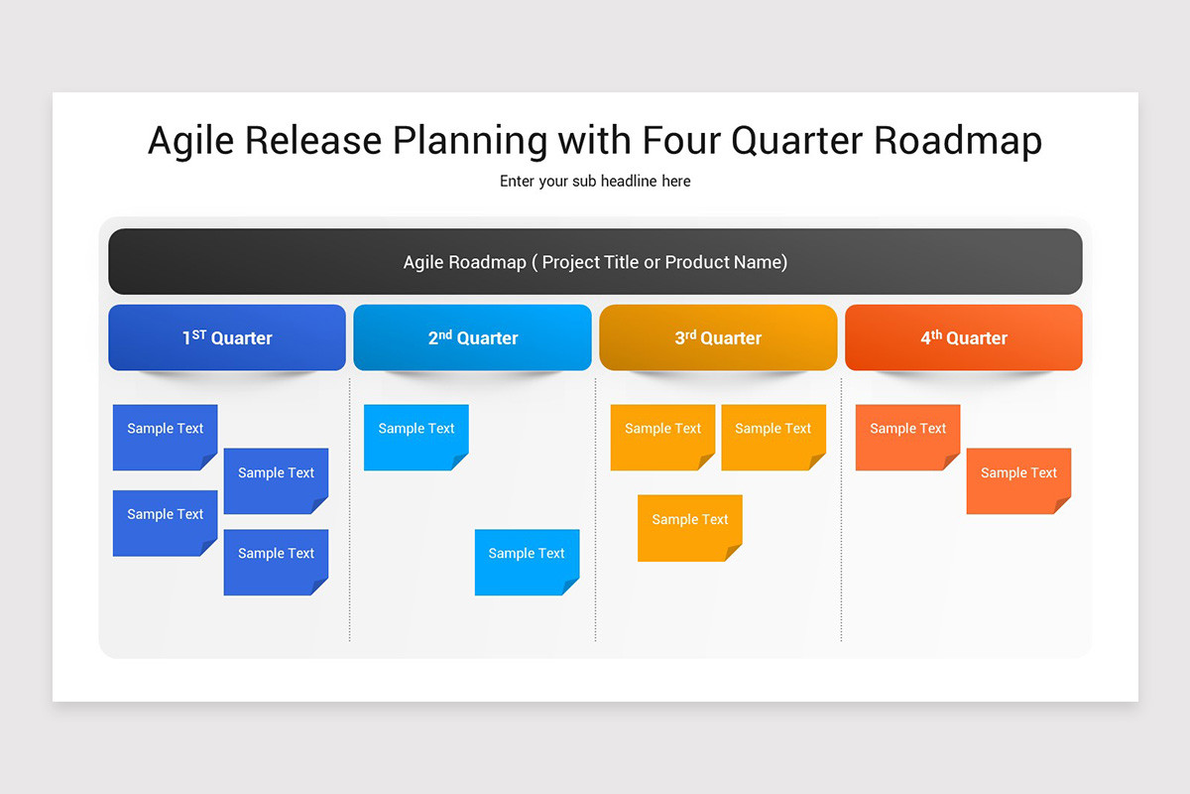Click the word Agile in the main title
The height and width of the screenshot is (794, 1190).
(190, 141)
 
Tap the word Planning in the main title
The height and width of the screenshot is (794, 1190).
(470, 141)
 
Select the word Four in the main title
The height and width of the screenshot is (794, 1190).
(681, 141)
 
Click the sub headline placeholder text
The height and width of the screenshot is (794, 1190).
(595, 182)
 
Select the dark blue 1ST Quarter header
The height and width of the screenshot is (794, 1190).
(227, 337)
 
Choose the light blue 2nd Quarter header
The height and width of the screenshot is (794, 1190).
(472, 337)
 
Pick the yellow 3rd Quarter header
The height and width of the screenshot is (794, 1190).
(718, 337)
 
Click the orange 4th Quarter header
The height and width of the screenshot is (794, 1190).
(963, 337)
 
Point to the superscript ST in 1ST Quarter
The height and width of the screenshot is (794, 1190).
(199, 333)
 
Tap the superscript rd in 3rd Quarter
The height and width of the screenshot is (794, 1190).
(691, 333)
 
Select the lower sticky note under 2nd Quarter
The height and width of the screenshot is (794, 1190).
(527, 562)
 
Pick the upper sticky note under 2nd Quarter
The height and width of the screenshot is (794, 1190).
(416, 437)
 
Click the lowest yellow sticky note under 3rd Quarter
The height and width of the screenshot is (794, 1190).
(689, 527)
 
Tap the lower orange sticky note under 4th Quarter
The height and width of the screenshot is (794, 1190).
(1018, 480)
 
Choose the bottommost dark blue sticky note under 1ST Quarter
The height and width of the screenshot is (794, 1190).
(276, 562)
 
